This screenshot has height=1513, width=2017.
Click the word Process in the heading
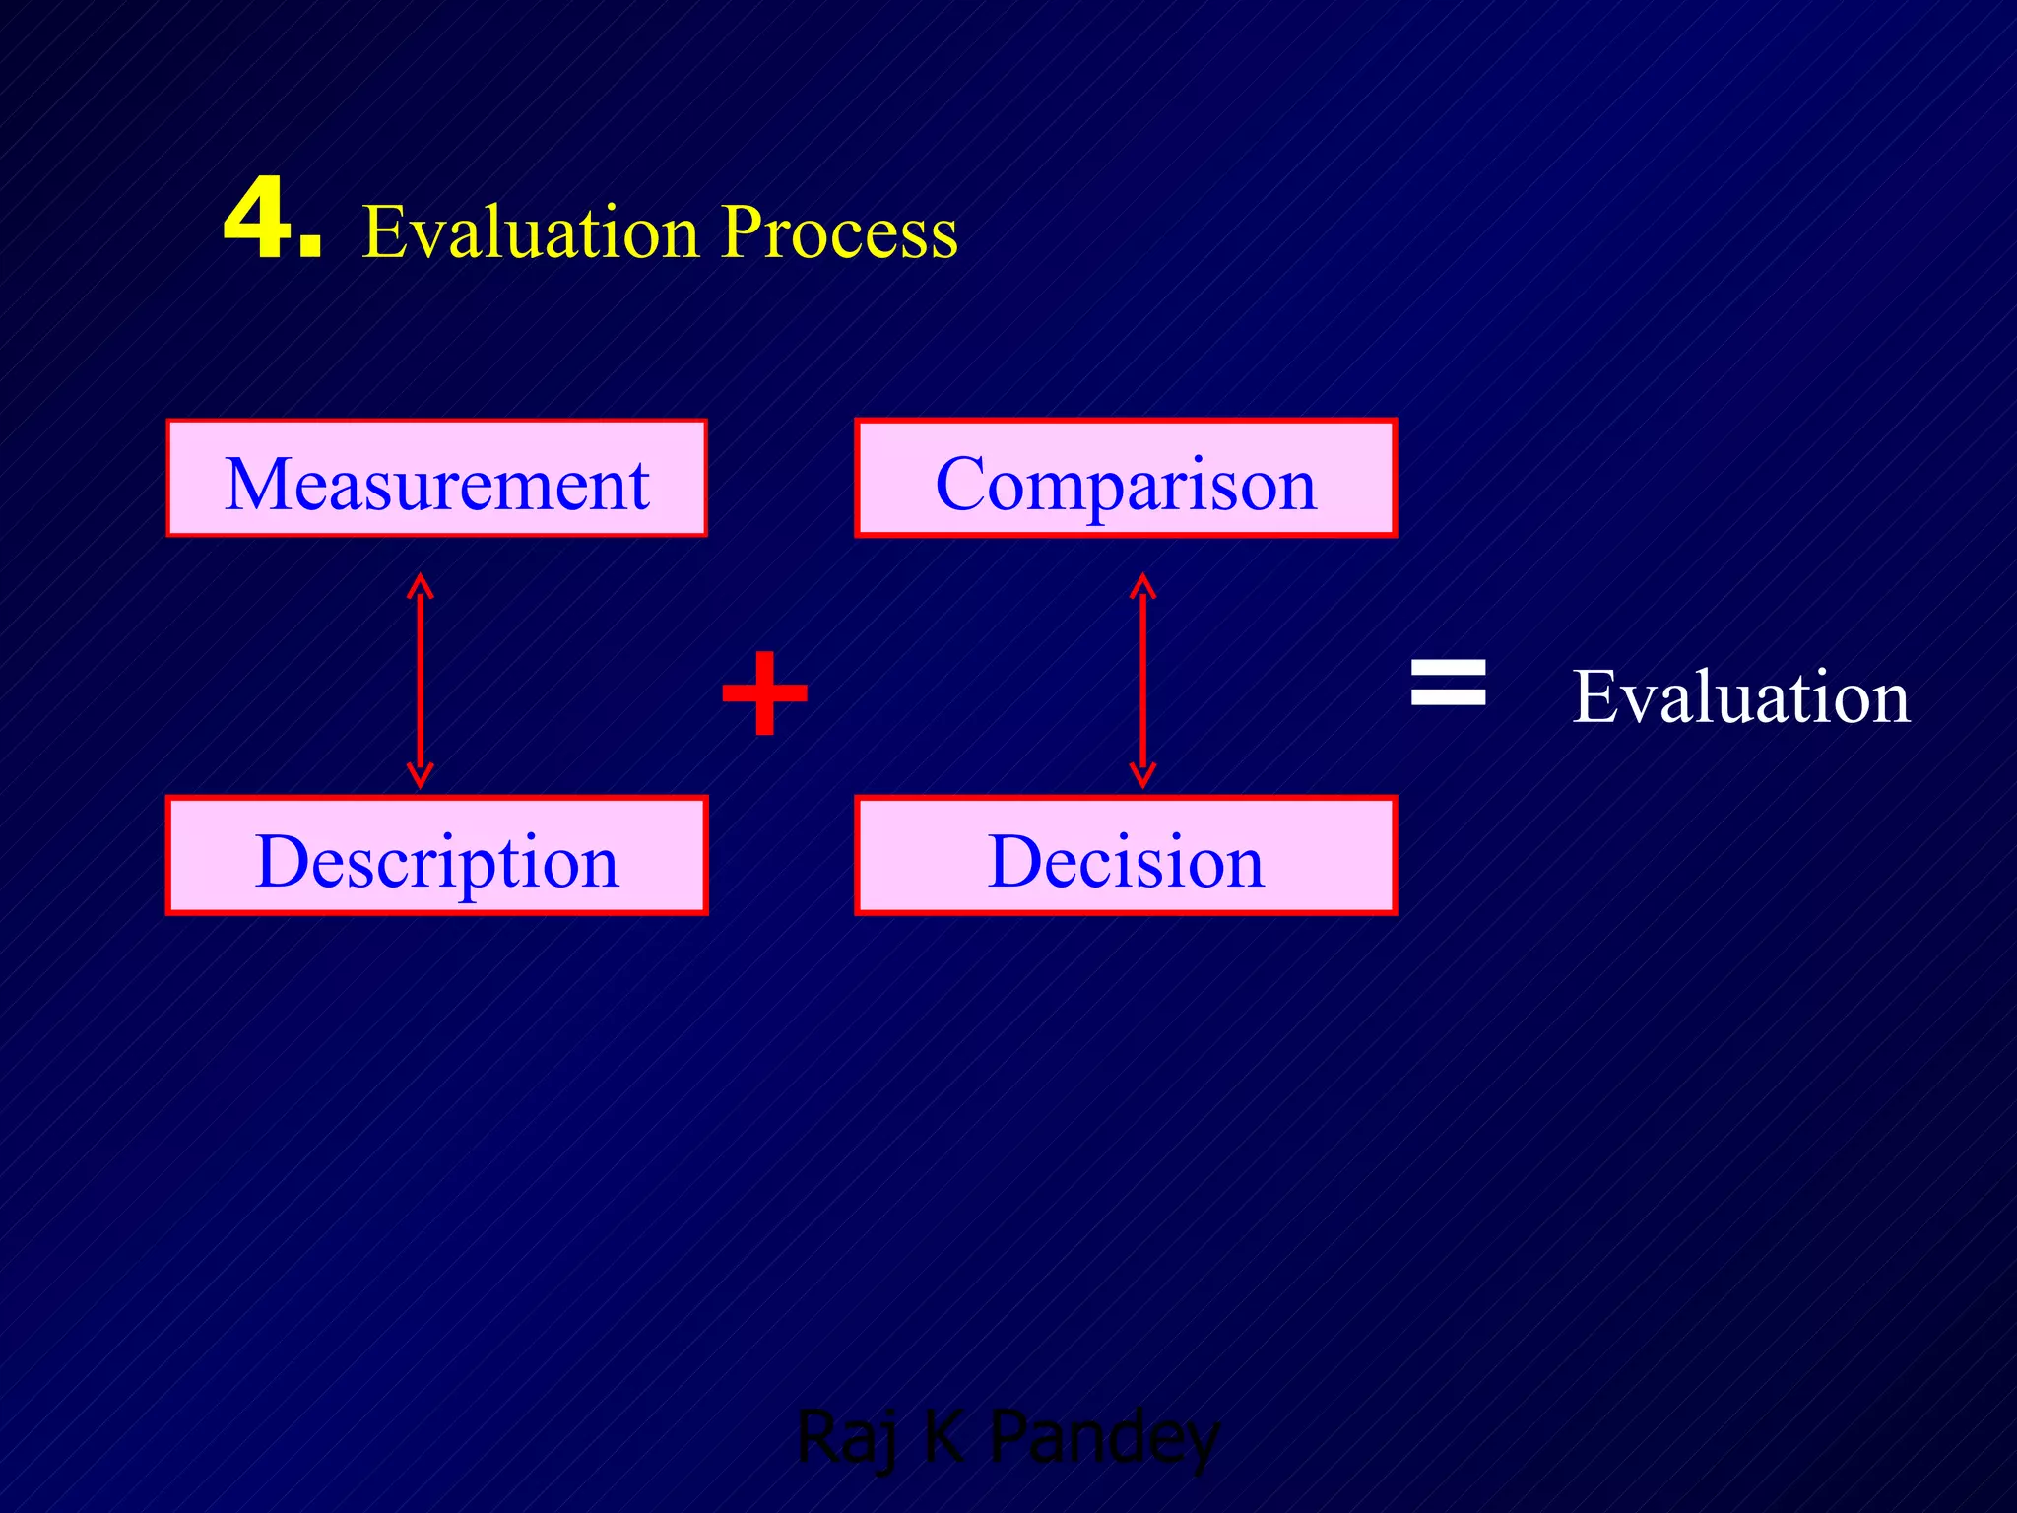point(839,232)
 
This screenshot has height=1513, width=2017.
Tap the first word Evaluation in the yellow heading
point(531,232)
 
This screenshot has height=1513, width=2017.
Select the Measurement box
point(436,479)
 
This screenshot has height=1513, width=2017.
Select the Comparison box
point(1126,479)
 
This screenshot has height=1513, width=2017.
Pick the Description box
point(436,856)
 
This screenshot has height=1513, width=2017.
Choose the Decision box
point(1126,856)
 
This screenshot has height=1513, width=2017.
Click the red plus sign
point(764,693)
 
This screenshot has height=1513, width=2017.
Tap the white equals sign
point(1448,683)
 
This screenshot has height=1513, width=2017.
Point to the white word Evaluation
point(1740,696)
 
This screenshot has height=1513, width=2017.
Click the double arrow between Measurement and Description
point(421,680)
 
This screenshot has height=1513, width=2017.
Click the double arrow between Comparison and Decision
point(1142,680)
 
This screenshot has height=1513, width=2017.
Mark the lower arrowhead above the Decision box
point(1142,775)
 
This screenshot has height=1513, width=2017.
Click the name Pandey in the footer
point(1104,1438)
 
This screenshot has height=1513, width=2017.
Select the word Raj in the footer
point(847,1438)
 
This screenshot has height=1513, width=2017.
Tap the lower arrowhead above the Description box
point(421,775)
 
